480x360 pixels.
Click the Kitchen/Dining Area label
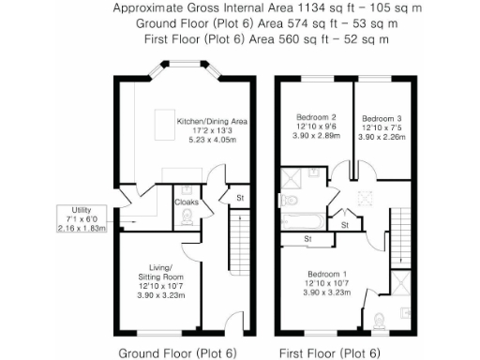(x=213, y=122)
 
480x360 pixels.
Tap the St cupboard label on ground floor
(x=240, y=198)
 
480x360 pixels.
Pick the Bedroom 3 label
(x=382, y=118)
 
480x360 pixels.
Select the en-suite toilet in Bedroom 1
(x=378, y=322)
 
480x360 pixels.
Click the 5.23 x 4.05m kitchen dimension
(x=213, y=141)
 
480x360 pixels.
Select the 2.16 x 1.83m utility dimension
(x=82, y=227)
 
